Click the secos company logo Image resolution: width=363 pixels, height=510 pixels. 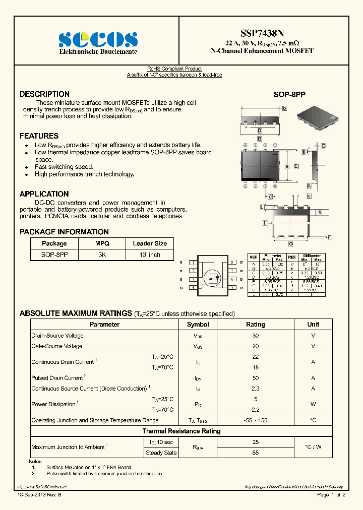(x=98, y=40)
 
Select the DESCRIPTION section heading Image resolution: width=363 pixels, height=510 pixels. (x=44, y=94)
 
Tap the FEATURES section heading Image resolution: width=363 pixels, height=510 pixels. (x=39, y=136)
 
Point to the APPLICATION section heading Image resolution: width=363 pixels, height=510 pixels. (x=44, y=194)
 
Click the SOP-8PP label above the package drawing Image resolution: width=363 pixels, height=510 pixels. (x=289, y=95)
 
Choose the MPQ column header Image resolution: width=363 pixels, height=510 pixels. (x=102, y=243)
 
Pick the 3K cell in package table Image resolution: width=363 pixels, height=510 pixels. (x=102, y=255)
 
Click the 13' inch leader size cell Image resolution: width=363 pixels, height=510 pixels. (x=150, y=255)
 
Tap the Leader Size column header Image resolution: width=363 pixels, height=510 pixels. (x=150, y=243)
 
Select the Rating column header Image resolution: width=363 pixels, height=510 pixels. (x=255, y=325)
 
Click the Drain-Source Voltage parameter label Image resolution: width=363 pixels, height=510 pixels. (x=57, y=336)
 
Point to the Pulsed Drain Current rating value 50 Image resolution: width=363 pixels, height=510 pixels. (x=255, y=378)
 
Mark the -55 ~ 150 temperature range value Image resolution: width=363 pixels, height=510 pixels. (x=255, y=420)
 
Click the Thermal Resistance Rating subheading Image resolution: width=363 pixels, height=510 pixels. (x=181, y=431)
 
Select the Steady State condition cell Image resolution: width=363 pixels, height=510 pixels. (x=161, y=453)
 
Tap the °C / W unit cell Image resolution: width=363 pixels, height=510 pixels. (x=313, y=447)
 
